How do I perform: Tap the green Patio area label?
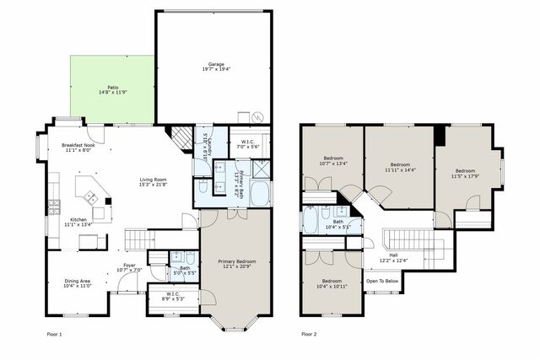click(112, 89)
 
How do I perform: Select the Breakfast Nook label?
click(78, 148)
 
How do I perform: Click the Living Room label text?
click(154, 181)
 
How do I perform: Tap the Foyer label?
click(129, 268)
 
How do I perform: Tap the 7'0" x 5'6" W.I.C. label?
click(247, 144)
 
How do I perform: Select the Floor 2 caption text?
click(309, 335)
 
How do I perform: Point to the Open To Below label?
click(382, 281)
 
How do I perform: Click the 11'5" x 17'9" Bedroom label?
click(465, 174)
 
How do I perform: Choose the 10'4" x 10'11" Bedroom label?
click(332, 283)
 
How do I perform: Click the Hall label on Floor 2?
click(393, 257)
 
